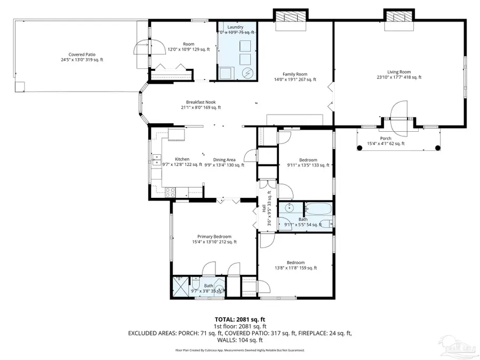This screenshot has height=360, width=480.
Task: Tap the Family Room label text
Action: (294, 74)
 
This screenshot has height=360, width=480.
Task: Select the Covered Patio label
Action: (82, 54)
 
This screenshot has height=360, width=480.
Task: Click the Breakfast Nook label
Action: (201, 102)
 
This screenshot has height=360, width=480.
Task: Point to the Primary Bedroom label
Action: (214, 236)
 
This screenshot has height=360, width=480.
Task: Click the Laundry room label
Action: (235, 27)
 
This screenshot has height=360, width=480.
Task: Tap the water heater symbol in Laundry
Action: (247, 73)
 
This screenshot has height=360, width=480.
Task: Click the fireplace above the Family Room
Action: (291, 17)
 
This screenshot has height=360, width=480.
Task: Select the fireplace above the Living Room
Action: (398, 17)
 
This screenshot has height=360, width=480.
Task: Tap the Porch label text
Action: (386, 138)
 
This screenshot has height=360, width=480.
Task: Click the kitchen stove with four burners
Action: (171, 190)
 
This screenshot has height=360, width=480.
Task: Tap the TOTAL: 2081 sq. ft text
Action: (239, 318)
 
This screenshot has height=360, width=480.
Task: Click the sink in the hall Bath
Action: (290, 208)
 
